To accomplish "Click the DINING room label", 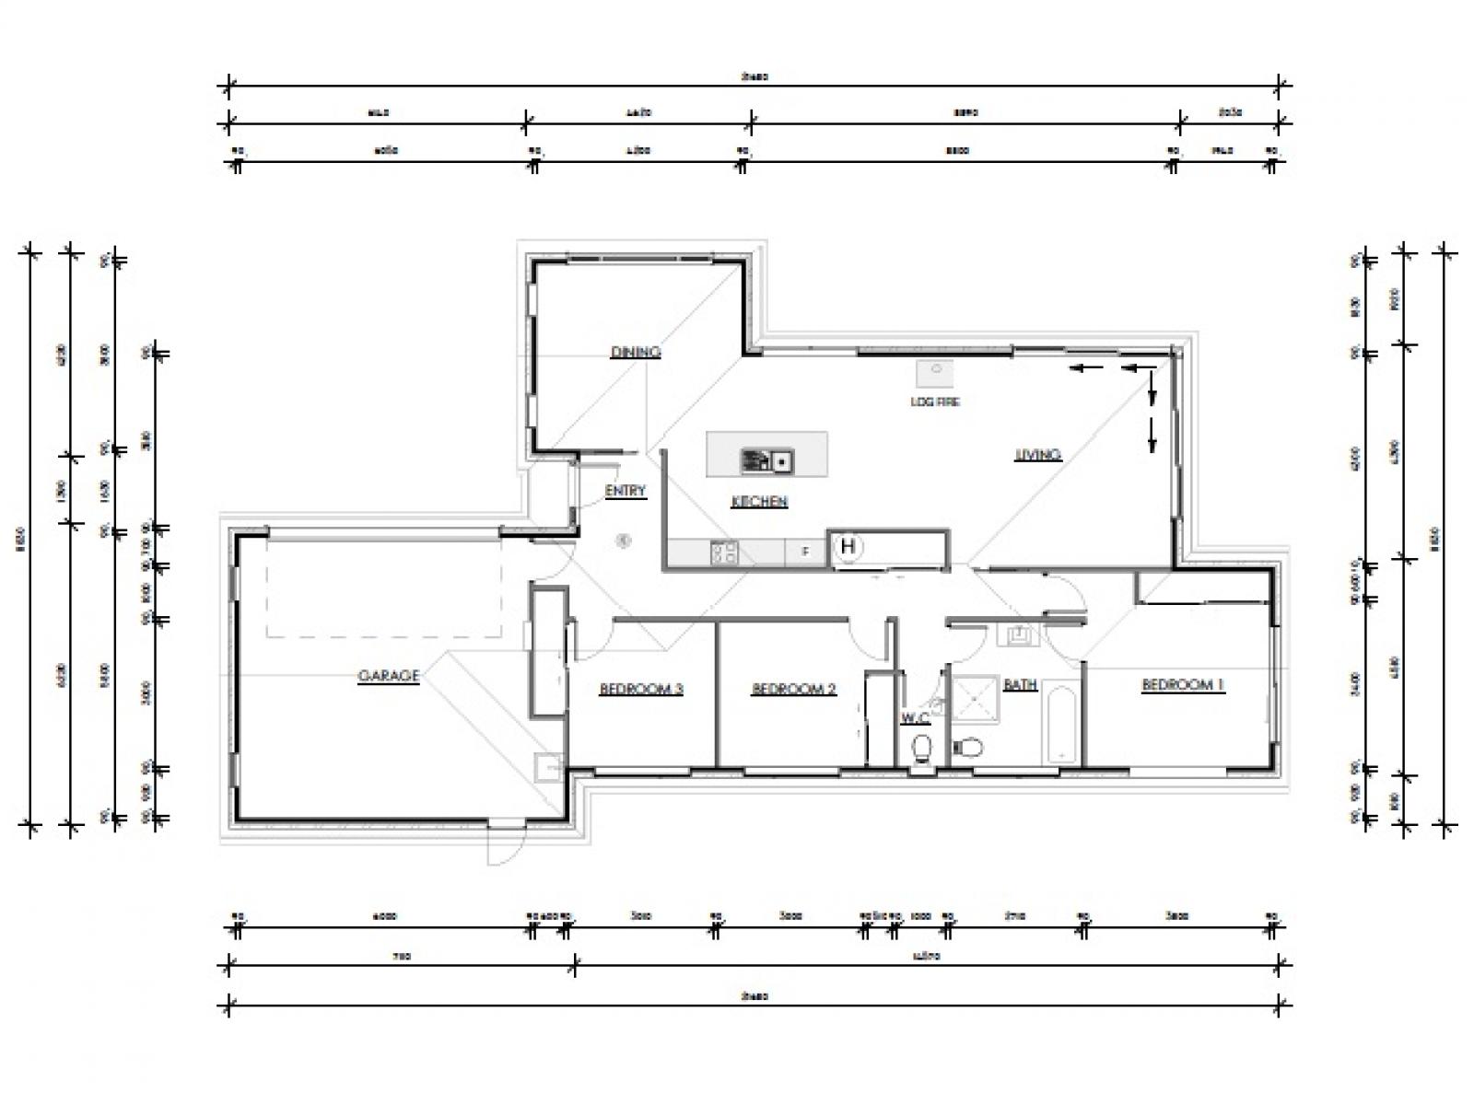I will click(x=636, y=352).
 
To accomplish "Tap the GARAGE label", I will click(x=388, y=676).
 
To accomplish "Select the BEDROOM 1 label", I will click(x=1183, y=685).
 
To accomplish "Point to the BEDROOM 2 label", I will click(x=793, y=689).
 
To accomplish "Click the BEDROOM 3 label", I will click(x=641, y=689).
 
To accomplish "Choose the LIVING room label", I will click(x=1038, y=454).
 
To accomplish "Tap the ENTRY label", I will click(x=626, y=491).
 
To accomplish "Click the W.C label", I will click(x=915, y=718).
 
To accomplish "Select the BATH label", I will click(x=1020, y=685).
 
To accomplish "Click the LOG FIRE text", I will click(x=935, y=401).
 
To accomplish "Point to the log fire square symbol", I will click(x=936, y=373).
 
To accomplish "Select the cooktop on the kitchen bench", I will click(x=723, y=552).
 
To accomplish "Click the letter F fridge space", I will click(x=805, y=552).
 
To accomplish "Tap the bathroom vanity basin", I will click(x=1020, y=634).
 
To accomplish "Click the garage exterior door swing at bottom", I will click(x=503, y=843).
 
